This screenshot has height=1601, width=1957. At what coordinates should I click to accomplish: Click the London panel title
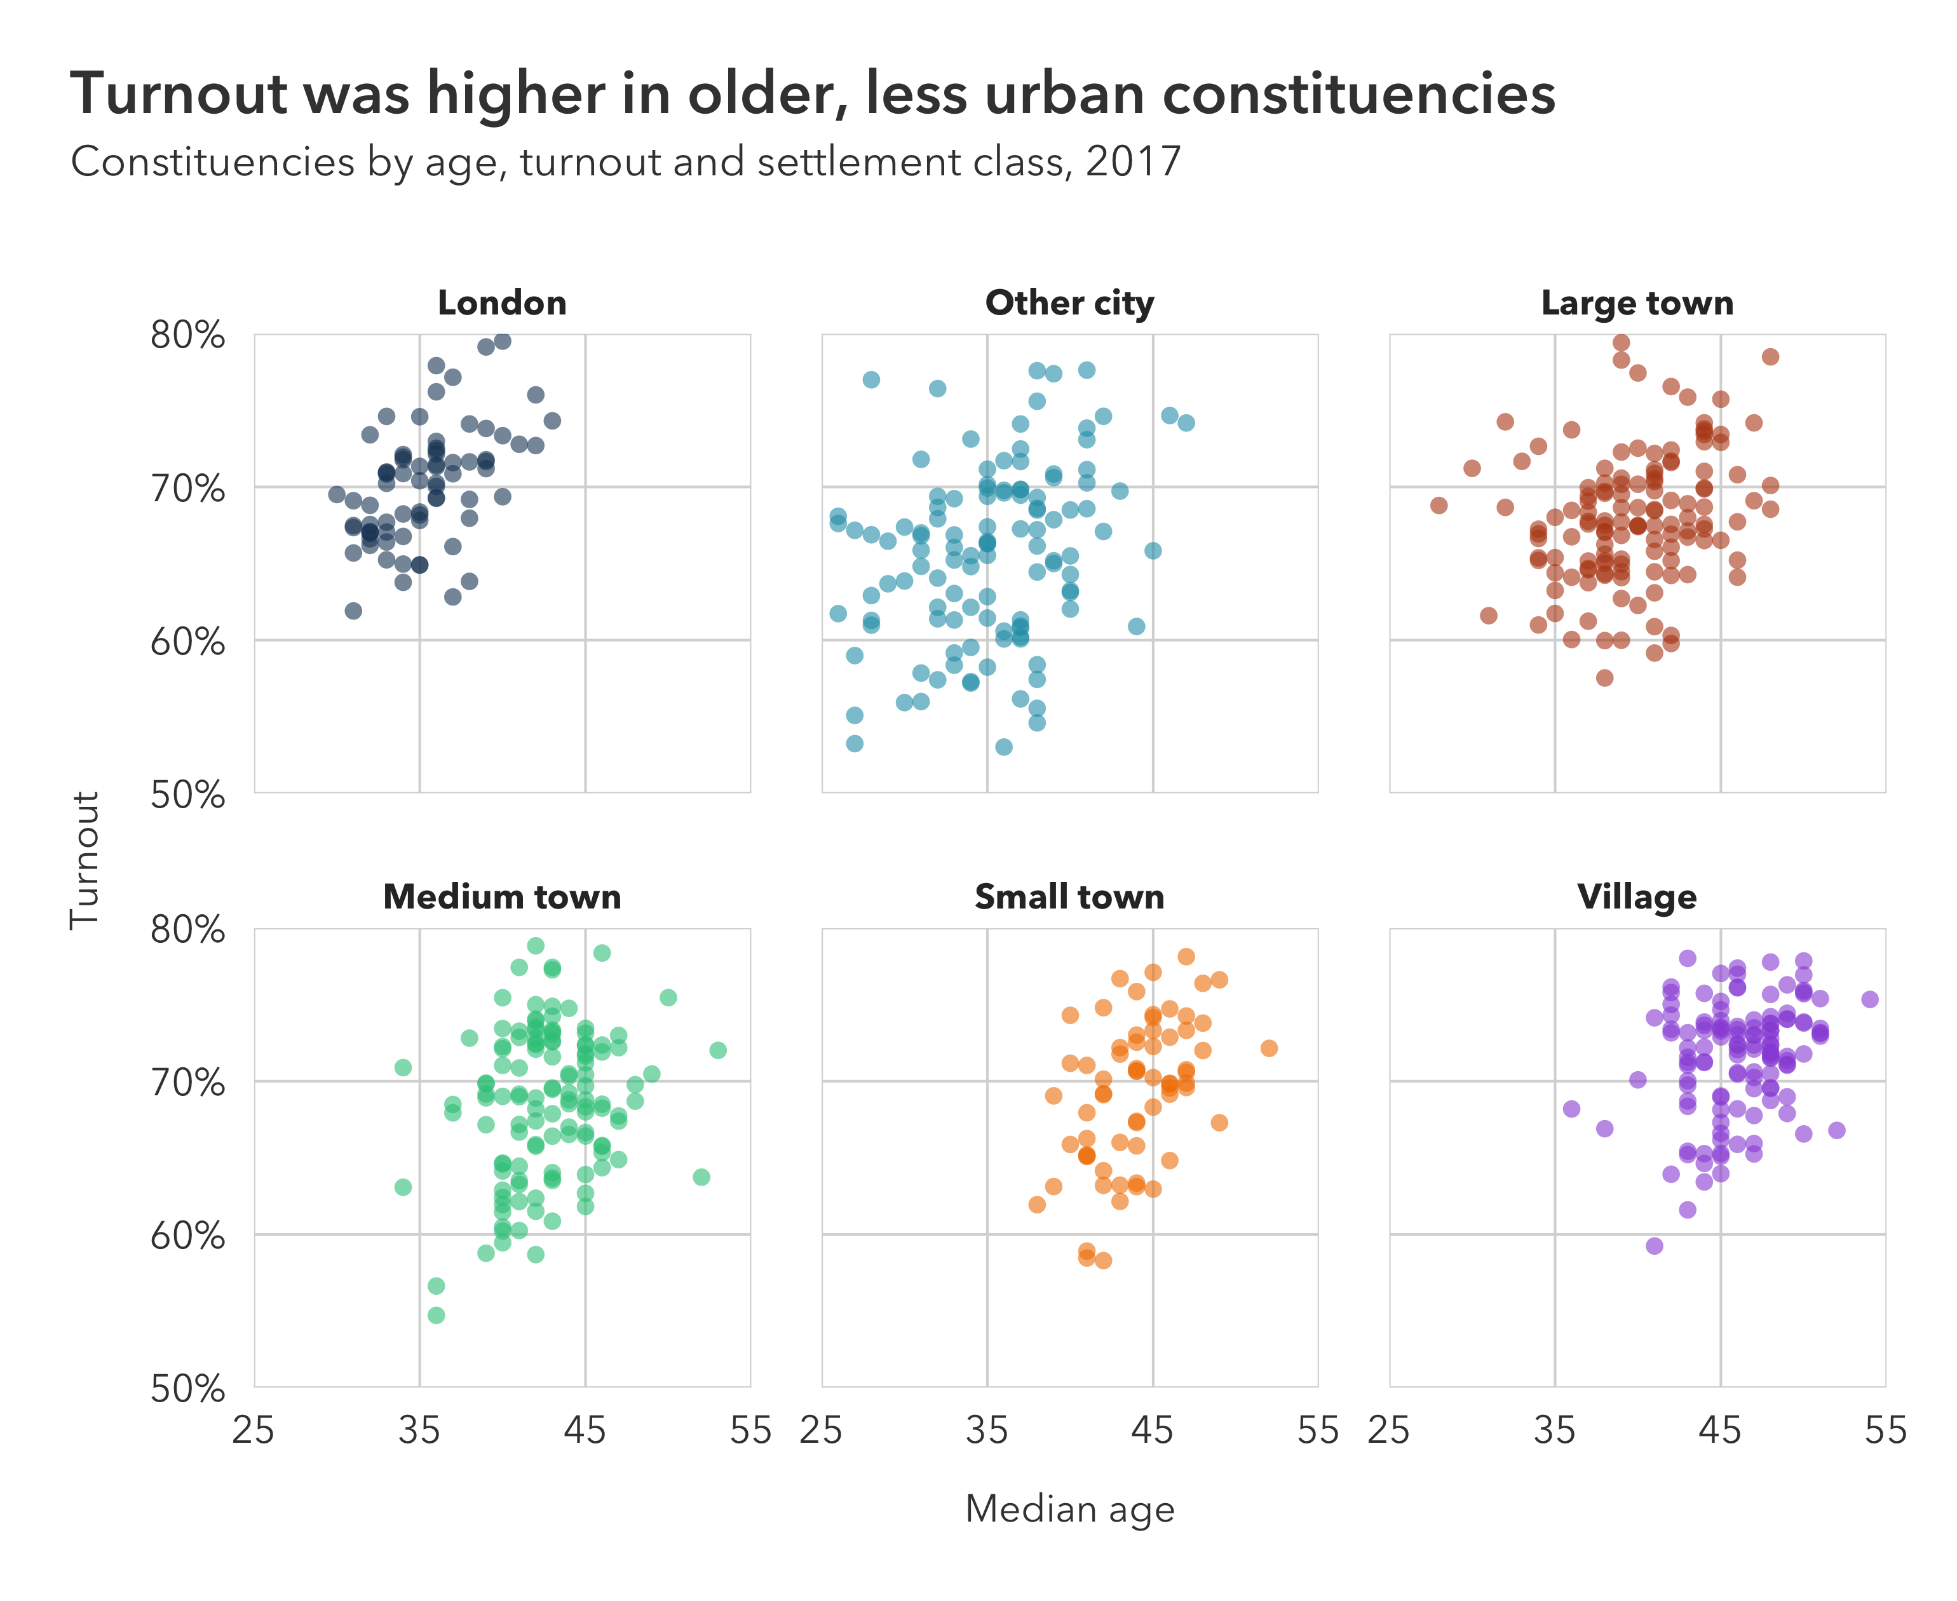[x=502, y=302]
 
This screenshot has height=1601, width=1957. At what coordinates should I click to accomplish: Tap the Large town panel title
[x=1637, y=302]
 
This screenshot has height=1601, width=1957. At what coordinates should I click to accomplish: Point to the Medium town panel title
[x=502, y=896]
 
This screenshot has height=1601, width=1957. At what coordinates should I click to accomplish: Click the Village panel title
[x=1637, y=896]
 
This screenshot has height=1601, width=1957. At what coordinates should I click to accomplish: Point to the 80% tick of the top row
[x=187, y=335]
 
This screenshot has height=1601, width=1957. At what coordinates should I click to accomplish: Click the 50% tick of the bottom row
[x=187, y=1388]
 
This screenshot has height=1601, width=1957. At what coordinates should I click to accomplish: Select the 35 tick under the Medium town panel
[x=419, y=1430]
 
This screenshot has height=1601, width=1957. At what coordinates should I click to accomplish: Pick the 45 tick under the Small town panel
[x=1152, y=1430]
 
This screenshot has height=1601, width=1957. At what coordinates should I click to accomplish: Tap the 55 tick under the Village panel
[x=1885, y=1430]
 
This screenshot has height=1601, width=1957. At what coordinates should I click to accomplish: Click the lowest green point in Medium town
[x=437, y=1315]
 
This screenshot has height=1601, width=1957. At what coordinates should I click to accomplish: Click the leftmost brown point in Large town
[x=1439, y=505]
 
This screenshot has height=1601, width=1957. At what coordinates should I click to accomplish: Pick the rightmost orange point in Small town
[x=1269, y=1048]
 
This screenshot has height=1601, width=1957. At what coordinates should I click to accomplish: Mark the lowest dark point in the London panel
[x=353, y=611]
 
